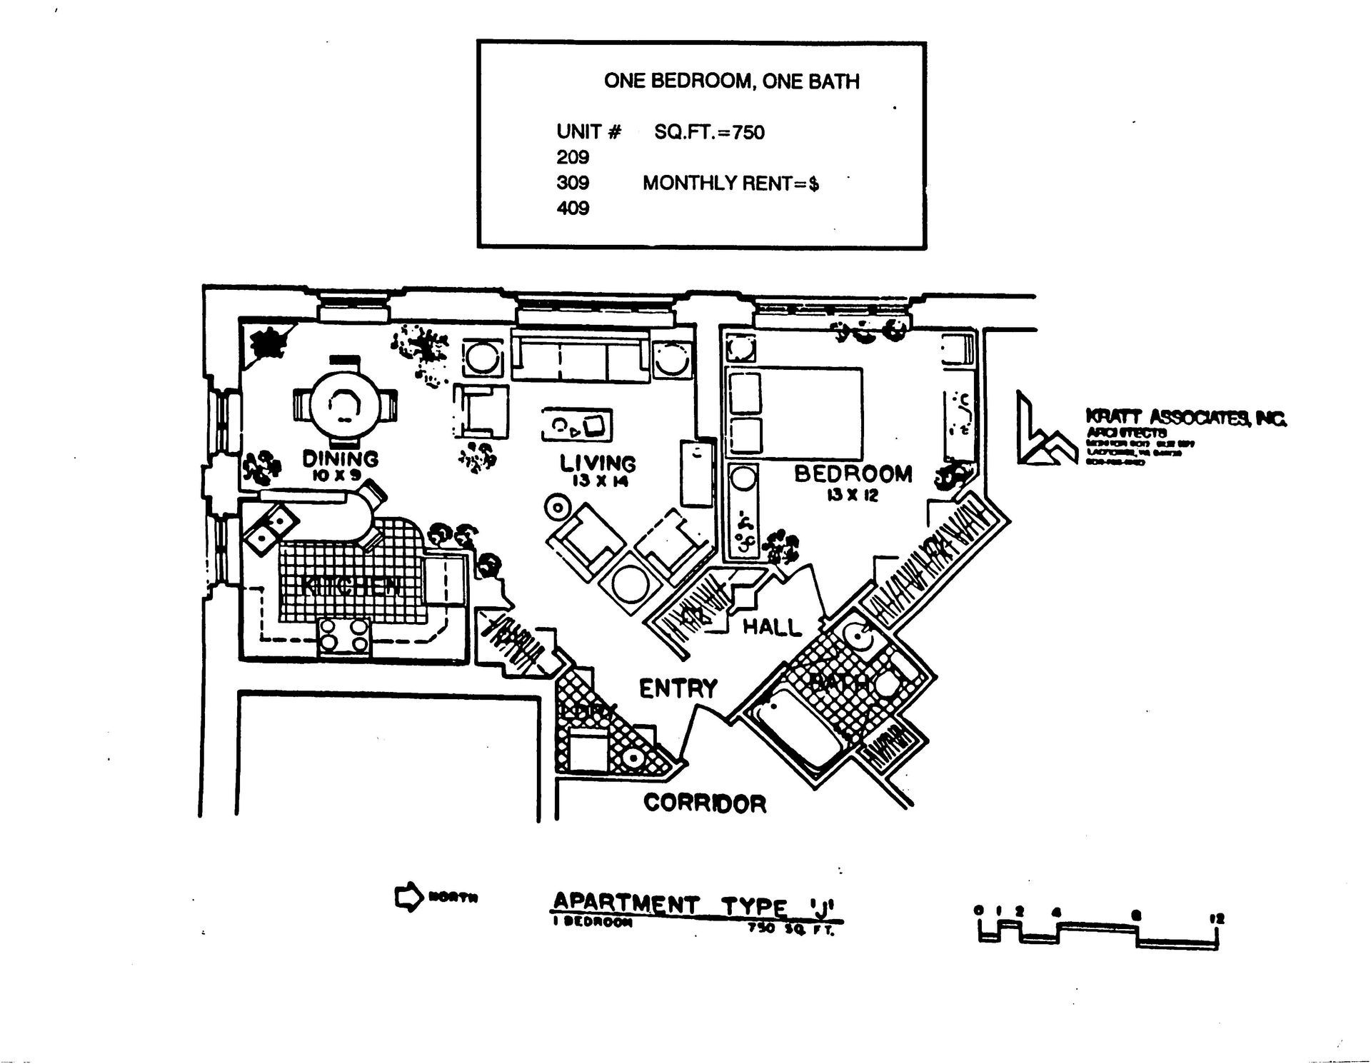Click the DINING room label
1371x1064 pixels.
click(x=340, y=458)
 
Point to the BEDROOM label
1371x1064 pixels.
click(x=853, y=473)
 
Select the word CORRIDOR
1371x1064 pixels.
click(x=705, y=803)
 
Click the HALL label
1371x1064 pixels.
click(x=772, y=627)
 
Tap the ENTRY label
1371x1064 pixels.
click(x=678, y=689)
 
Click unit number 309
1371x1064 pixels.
click(x=573, y=183)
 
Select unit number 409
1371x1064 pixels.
click(x=573, y=209)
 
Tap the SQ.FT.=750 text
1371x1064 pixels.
click(x=709, y=132)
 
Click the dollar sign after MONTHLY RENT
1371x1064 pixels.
click(x=813, y=184)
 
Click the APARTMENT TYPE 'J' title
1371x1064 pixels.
click(x=697, y=905)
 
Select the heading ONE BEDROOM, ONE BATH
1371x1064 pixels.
click(x=731, y=81)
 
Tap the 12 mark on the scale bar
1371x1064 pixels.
click(x=1217, y=918)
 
